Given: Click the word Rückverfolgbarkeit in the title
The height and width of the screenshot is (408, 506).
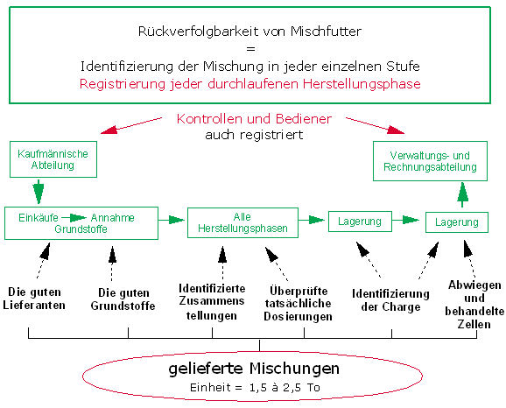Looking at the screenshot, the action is coord(198,32).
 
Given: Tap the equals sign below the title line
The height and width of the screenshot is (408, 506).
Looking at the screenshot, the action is coord(250,49).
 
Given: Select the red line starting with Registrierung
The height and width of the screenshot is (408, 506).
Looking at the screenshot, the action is coord(250,84).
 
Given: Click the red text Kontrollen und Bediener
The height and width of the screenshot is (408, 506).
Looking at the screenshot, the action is coord(254,119).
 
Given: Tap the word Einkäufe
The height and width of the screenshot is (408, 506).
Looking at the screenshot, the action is coord(39,217).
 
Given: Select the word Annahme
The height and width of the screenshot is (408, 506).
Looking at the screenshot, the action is coord(113,217).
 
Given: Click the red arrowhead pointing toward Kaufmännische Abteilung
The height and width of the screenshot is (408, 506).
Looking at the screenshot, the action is coord(109,130).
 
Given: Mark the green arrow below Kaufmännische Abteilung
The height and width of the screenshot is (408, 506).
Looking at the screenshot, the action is coord(39,192).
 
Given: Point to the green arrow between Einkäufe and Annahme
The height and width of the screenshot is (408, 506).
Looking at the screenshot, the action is coord(74,217).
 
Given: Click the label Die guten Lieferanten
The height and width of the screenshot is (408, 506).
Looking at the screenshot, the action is coord(34,299).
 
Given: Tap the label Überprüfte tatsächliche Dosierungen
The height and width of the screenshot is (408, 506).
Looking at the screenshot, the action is coord(298,304).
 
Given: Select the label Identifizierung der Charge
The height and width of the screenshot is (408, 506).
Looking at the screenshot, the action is coord(390,300).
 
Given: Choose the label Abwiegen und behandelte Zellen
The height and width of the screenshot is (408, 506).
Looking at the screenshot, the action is coord(474,305).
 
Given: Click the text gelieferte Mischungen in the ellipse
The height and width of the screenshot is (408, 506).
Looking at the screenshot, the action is coord(254,369).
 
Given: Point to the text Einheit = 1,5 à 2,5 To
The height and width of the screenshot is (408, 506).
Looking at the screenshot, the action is coord(255,387).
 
